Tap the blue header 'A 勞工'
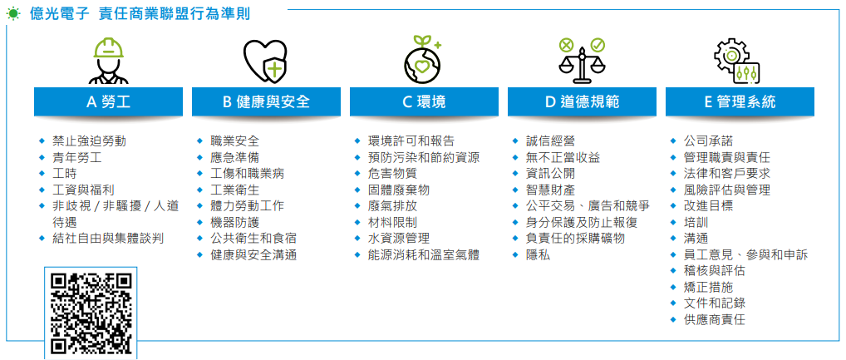(x=108, y=101)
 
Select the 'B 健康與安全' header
(x=266, y=101)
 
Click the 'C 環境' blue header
(x=424, y=101)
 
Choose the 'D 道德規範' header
(x=582, y=101)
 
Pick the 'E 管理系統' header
(x=740, y=101)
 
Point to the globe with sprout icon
(x=424, y=59)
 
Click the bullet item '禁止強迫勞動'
(x=90, y=141)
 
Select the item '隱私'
(x=538, y=254)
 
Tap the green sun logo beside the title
(x=13, y=14)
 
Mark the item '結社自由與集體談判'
(x=108, y=239)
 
